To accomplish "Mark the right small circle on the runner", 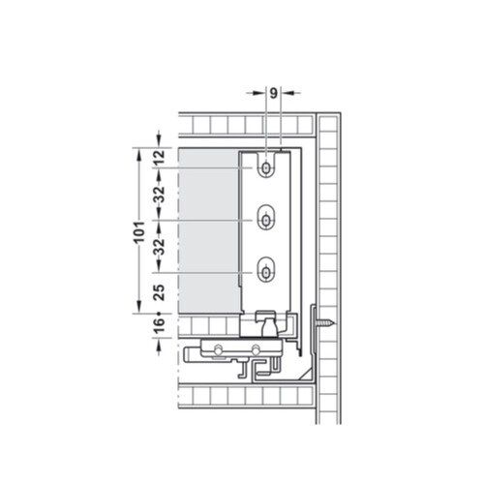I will coord(256,348).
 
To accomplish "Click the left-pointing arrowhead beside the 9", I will coord(285,94).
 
